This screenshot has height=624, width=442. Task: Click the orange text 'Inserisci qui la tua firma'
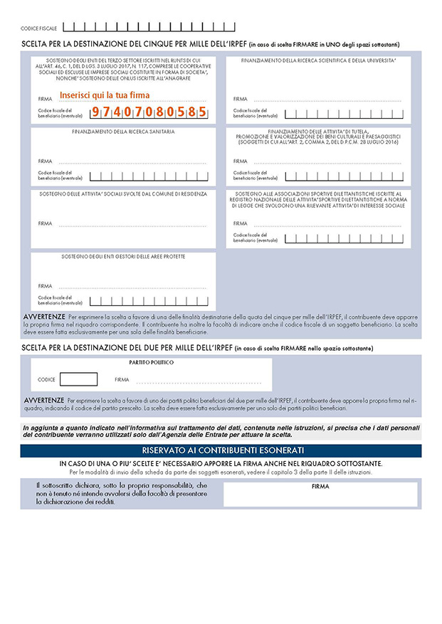coord(105,95)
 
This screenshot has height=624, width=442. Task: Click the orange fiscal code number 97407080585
coord(149,112)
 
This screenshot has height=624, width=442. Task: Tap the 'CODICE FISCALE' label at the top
coord(39,28)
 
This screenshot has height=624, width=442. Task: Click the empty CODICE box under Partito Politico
coord(78,379)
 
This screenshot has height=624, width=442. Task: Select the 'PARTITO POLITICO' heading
coord(151,362)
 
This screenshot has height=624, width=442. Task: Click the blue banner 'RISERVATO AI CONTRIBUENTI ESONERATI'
coord(221,450)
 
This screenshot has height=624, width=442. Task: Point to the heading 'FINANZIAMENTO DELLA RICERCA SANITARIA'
coord(123,132)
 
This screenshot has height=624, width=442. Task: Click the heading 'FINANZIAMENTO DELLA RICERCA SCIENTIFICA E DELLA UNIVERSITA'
coord(318,60)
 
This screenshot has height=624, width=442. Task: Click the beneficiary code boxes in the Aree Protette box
coord(149,301)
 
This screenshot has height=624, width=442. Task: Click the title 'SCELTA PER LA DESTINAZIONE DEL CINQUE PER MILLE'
coord(135,44)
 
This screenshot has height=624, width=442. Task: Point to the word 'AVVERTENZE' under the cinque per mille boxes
coord(45,314)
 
